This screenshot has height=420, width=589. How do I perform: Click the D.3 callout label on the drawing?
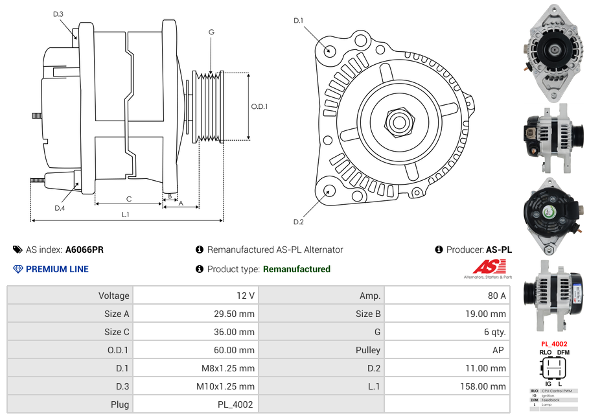[58, 14]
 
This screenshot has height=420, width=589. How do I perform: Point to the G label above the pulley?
[211, 32]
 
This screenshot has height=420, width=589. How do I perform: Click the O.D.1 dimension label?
[259, 106]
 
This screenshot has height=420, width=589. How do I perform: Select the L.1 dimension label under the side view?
[126, 214]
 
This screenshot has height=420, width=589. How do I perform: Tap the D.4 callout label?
[60, 207]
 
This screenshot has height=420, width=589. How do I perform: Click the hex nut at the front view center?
[398, 121]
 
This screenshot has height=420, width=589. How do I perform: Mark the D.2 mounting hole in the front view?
[329, 191]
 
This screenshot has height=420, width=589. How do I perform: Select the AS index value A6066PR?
[84, 250]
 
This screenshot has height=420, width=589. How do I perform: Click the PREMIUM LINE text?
[57, 269]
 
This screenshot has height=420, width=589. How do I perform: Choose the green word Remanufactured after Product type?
[296, 269]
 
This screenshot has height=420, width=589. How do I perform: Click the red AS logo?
[488, 266]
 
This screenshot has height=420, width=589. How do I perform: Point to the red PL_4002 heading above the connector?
[554, 344]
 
